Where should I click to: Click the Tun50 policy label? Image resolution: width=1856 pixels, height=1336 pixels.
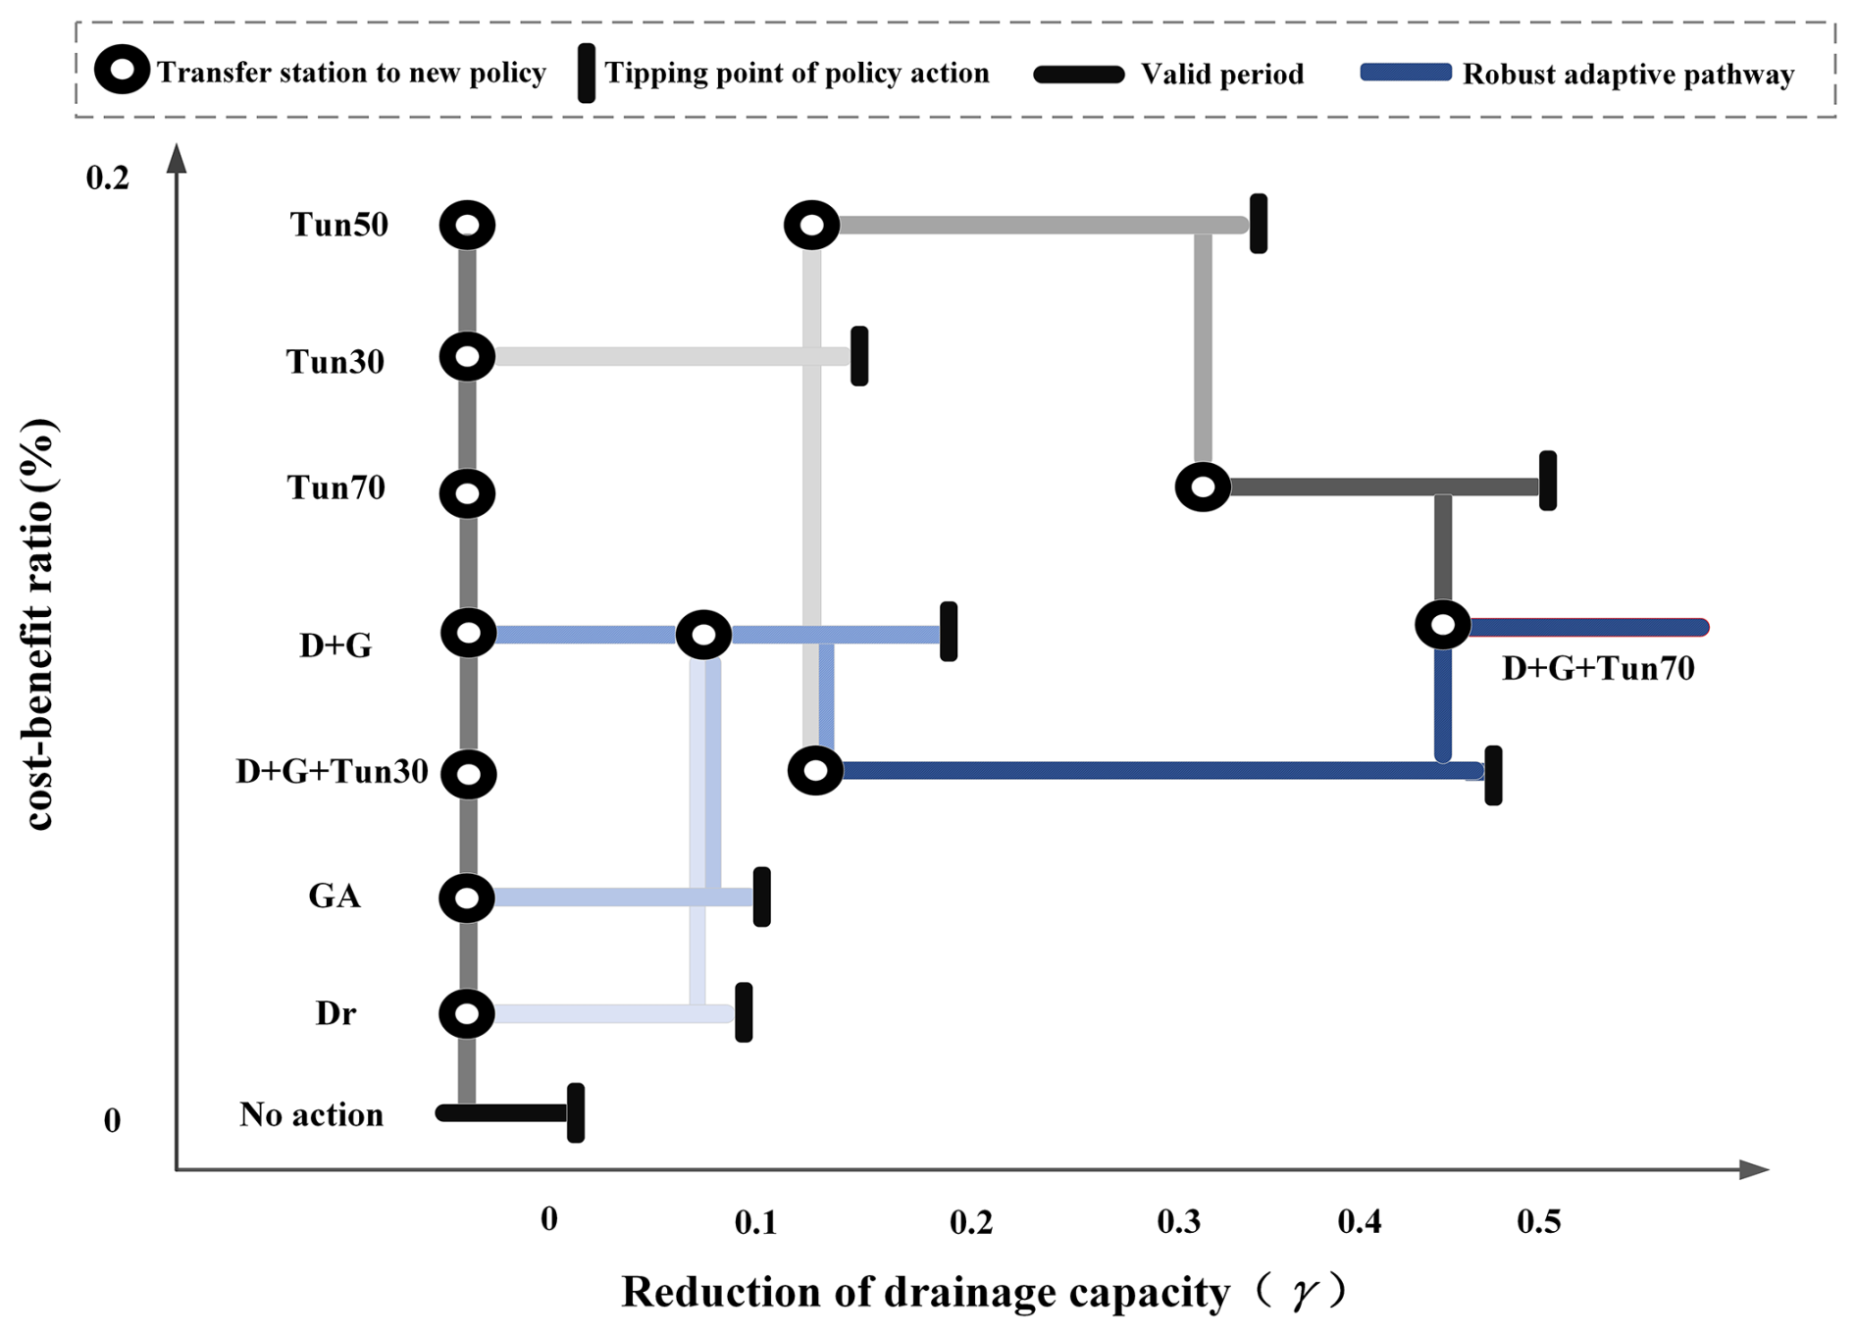pyautogui.click(x=338, y=225)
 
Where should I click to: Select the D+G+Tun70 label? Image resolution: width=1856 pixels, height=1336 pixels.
pyautogui.click(x=1597, y=668)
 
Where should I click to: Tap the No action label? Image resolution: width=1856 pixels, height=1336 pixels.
pyautogui.click(x=311, y=1114)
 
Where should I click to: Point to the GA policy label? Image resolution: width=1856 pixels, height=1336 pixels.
pyautogui.click(x=335, y=896)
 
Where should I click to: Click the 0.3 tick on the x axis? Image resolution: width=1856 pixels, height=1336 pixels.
pyautogui.click(x=1177, y=1221)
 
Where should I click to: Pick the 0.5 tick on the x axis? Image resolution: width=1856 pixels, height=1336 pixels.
pyautogui.click(x=1538, y=1221)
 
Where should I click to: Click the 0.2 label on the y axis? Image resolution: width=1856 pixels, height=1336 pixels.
pyautogui.click(x=108, y=178)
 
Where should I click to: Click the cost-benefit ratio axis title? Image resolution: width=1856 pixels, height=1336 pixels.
pyautogui.click(x=39, y=624)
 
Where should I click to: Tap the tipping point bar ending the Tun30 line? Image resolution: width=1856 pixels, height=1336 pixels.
pyautogui.click(x=859, y=356)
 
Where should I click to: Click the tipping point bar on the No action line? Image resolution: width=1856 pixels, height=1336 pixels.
pyautogui.click(x=576, y=1112)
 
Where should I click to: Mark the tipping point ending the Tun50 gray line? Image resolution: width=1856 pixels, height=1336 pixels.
pyautogui.click(x=1259, y=224)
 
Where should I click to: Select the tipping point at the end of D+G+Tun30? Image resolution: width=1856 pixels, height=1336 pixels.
pyautogui.click(x=1493, y=775)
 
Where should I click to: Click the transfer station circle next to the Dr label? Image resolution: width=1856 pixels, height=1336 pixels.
pyautogui.click(x=467, y=1013)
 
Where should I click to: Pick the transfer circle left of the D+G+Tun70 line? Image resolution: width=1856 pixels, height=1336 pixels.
pyautogui.click(x=1443, y=624)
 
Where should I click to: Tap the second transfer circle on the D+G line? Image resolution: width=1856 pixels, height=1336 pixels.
pyautogui.click(x=703, y=636)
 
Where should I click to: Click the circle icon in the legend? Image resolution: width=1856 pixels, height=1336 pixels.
pyautogui.click(x=122, y=71)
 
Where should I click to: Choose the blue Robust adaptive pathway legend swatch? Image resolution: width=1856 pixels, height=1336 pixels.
pyautogui.click(x=1405, y=73)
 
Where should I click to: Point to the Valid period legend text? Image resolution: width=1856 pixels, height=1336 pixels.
pyautogui.click(x=1221, y=74)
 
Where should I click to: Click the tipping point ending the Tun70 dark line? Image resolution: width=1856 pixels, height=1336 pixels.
pyautogui.click(x=1548, y=481)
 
